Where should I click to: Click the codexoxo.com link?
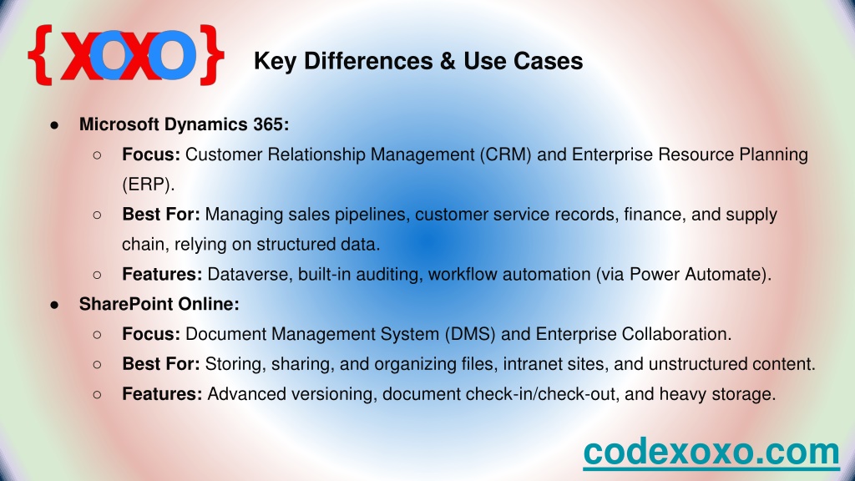[711, 452]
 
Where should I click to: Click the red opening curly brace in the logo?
[40, 55]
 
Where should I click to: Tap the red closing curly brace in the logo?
[211, 55]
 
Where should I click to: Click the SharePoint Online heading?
[159, 304]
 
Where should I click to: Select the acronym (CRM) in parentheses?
[505, 154]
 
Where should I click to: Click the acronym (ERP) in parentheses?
[149, 185]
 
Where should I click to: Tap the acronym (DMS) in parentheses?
[469, 334]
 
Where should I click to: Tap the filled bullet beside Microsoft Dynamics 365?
[54, 125]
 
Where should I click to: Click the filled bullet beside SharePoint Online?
[54, 305]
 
